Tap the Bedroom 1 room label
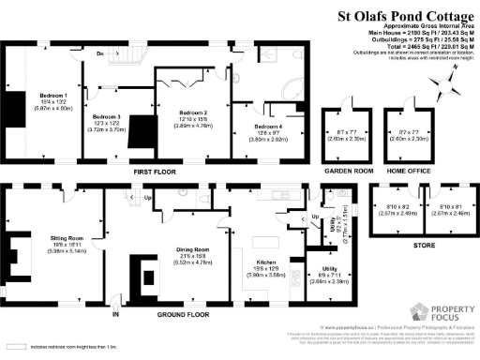coord(52,96)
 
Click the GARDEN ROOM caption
coord(345,172)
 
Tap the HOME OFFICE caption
coord(409,172)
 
